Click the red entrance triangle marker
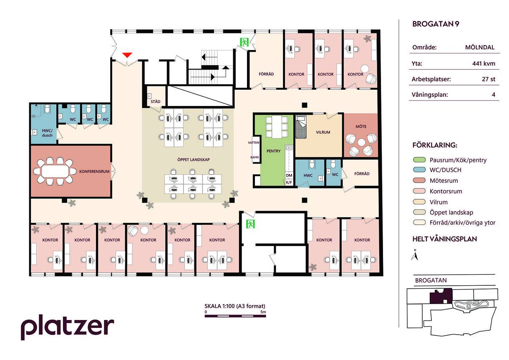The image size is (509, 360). (127, 55)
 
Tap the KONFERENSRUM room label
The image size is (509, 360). (94, 171)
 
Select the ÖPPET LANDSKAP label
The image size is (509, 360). (194, 160)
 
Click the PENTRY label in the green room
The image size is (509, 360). (274, 151)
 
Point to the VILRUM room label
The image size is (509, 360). (323, 132)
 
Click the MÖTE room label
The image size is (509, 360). (361, 126)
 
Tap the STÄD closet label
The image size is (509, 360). (156, 101)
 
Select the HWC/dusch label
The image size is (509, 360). (47, 133)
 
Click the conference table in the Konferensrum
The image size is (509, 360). (55, 171)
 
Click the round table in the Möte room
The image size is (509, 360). (361, 143)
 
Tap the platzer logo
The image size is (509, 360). (67, 327)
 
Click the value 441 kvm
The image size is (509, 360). (484, 63)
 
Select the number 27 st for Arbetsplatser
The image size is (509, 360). (489, 79)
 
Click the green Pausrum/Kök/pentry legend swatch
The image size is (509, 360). (419, 160)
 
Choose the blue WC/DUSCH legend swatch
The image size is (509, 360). (419, 169)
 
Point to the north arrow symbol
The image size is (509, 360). (415, 255)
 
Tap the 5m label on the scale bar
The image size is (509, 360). (263, 312)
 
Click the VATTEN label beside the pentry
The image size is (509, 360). (253, 143)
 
